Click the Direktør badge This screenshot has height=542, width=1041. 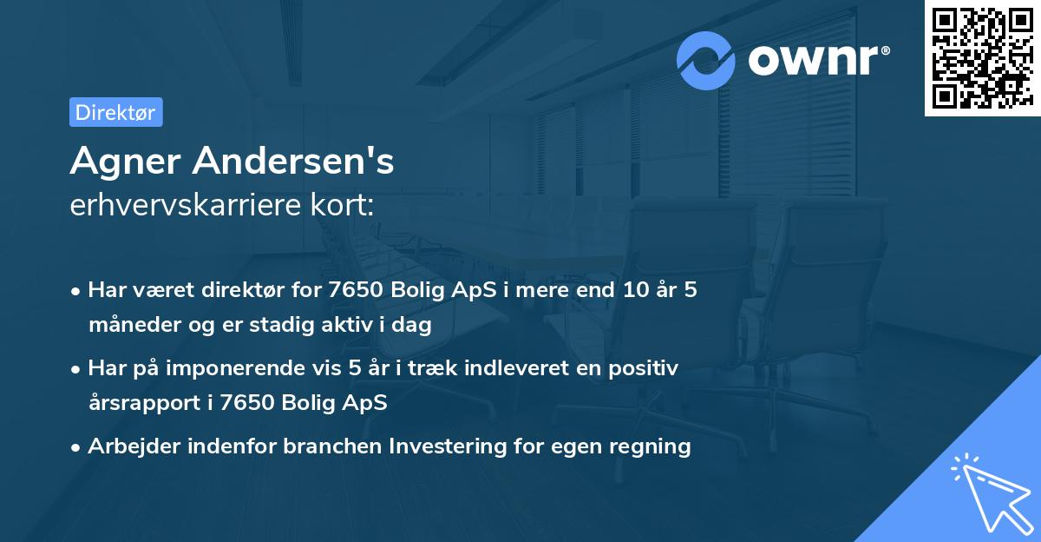click(115, 112)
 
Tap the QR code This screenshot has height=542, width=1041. click(979, 57)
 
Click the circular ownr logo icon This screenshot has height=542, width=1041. click(706, 59)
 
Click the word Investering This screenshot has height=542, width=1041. click(443, 446)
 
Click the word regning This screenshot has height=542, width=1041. click(651, 446)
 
